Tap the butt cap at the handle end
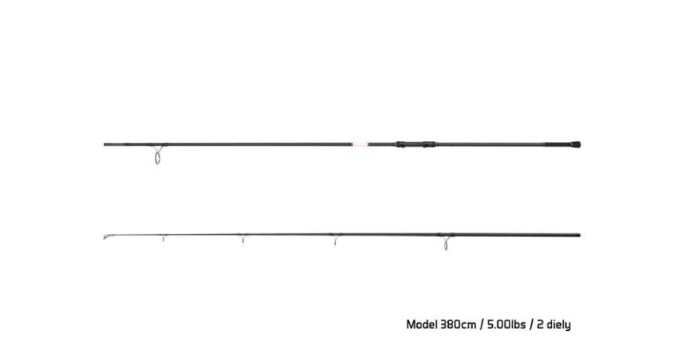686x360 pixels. pyautogui.click(x=576, y=145)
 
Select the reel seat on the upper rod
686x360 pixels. pyautogui.click(x=415, y=145)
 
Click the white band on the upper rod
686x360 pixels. pyautogui.click(x=360, y=144)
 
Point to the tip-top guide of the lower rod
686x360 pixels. pyautogui.click(x=106, y=237)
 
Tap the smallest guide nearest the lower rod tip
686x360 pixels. pyautogui.click(x=163, y=238)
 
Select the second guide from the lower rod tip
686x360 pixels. pyautogui.click(x=243, y=239)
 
